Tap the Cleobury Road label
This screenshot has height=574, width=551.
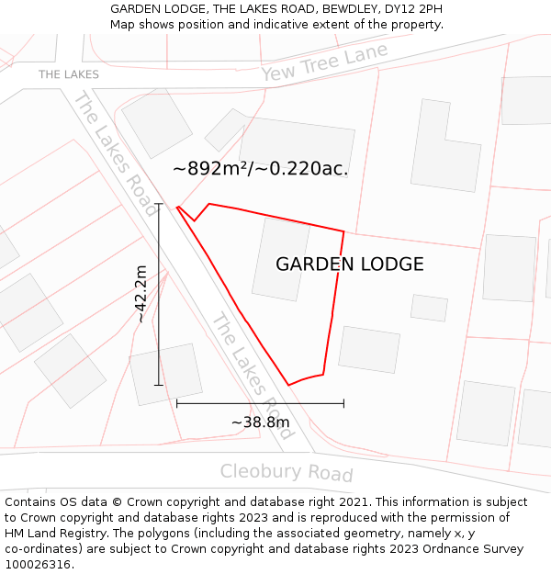(287, 473)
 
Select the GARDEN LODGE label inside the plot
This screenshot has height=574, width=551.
(350, 264)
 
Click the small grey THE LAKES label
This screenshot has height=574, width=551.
(69, 74)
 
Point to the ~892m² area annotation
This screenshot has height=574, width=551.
(260, 169)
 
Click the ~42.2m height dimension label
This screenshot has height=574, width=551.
(141, 294)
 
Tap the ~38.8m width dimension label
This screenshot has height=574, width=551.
(260, 422)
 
